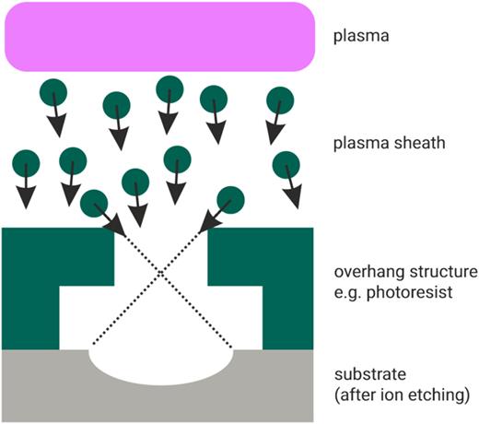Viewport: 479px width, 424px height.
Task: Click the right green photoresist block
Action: (281, 277)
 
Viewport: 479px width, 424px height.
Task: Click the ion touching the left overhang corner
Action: (93, 201)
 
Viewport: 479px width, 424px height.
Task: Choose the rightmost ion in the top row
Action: (279, 98)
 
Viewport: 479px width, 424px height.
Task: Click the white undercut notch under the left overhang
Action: (88, 313)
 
